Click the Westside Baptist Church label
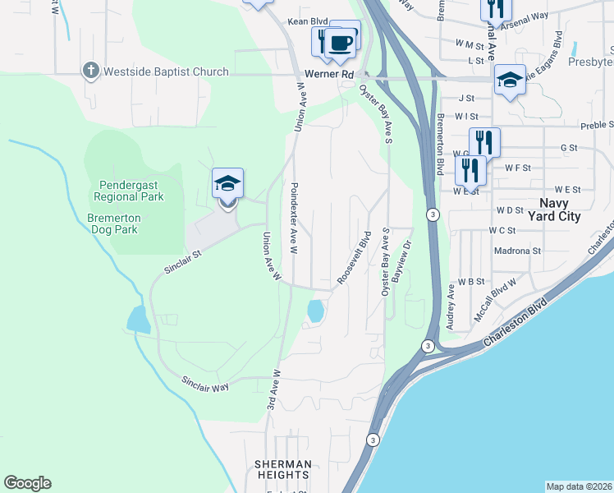[x=165, y=71]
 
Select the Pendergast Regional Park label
[x=129, y=191]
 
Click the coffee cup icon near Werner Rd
[x=339, y=42]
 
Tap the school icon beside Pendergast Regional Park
[x=227, y=183]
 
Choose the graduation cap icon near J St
[x=510, y=80]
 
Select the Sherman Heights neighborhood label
[x=283, y=470]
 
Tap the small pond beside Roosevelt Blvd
[x=314, y=311]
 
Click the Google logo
[x=27, y=483]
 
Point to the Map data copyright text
[x=580, y=486]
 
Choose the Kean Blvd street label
[x=302, y=22]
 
